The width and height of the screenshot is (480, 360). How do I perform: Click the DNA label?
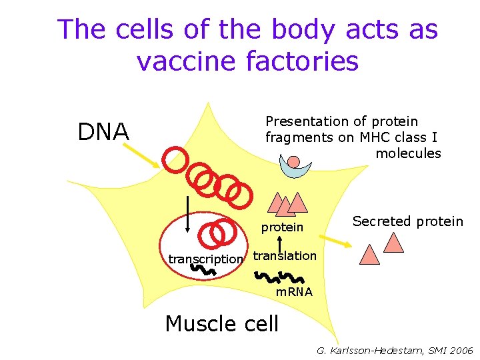(103, 132)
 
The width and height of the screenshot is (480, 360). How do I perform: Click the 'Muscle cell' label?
(221, 324)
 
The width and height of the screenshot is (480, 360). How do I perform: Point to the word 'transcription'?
(205, 259)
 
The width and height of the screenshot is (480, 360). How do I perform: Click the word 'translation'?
(285, 256)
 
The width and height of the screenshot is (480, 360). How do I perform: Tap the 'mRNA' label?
(294, 292)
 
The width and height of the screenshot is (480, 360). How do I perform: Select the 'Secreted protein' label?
(407, 221)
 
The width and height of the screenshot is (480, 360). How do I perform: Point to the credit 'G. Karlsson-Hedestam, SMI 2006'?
(395, 350)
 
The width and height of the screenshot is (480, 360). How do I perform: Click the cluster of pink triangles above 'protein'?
(287, 203)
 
